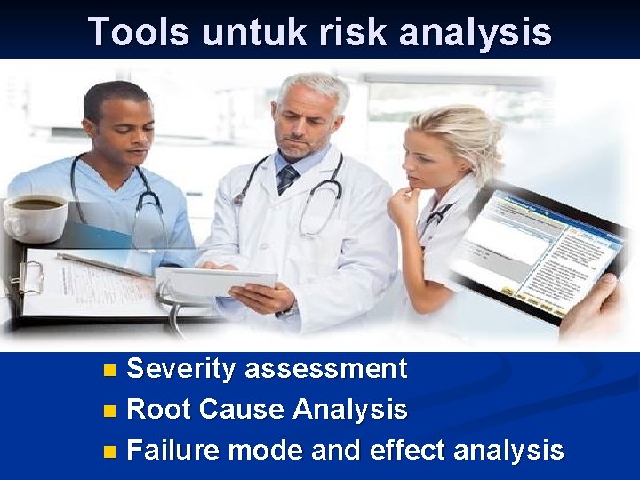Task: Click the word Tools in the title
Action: pyautogui.click(x=138, y=32)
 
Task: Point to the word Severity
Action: pyautogui.click(x=181, y=369)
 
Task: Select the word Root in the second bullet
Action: pyautogui.click(x=159, y=410)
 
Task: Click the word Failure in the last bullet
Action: pyautogui.click(x=173, y=451)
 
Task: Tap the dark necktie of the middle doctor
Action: pyautogui.click(x=287, y=179)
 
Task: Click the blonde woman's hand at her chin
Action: pyautogui.click(x=405, y=207)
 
